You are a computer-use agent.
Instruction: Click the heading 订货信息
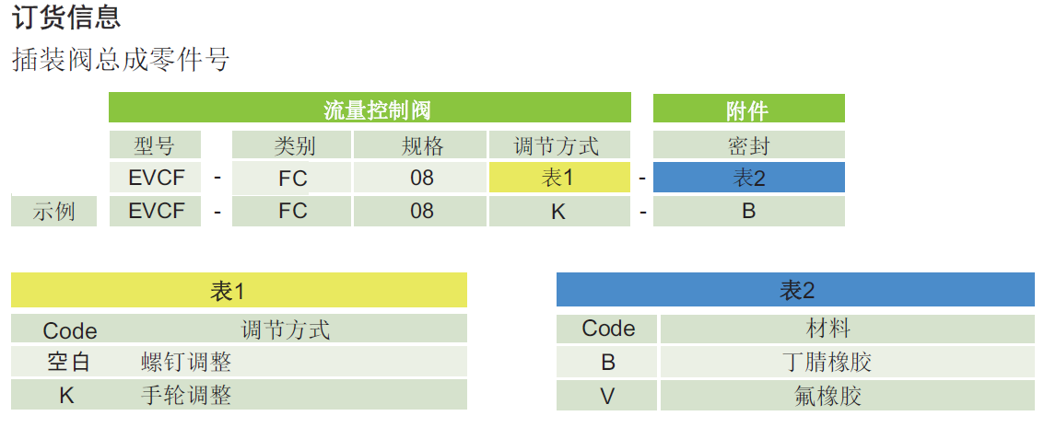tap(66, 17)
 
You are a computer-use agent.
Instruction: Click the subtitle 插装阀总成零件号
tap(121, 60)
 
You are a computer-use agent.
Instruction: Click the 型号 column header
tap(154, 145)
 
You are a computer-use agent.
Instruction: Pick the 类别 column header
tap(292, 145)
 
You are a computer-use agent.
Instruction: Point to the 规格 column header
tap(421, 145)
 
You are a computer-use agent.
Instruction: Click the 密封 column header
tap(748, 145)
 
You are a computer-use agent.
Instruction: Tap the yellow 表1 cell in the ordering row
tap(558, 178)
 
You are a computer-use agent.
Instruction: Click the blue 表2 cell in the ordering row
tap(748, 178)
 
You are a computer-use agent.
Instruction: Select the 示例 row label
tap(54, 212)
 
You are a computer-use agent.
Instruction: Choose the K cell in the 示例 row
tap(558, 212)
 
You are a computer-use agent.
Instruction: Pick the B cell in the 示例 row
tap(748, 212)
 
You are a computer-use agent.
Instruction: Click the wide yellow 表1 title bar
tap(239, 291)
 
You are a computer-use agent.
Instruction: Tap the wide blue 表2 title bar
tap(795, 291)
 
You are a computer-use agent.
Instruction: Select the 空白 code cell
tap(69, 363)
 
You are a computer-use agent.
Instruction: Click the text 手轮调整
tap(185, 396)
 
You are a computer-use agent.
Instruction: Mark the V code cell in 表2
tap(607, 396)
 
